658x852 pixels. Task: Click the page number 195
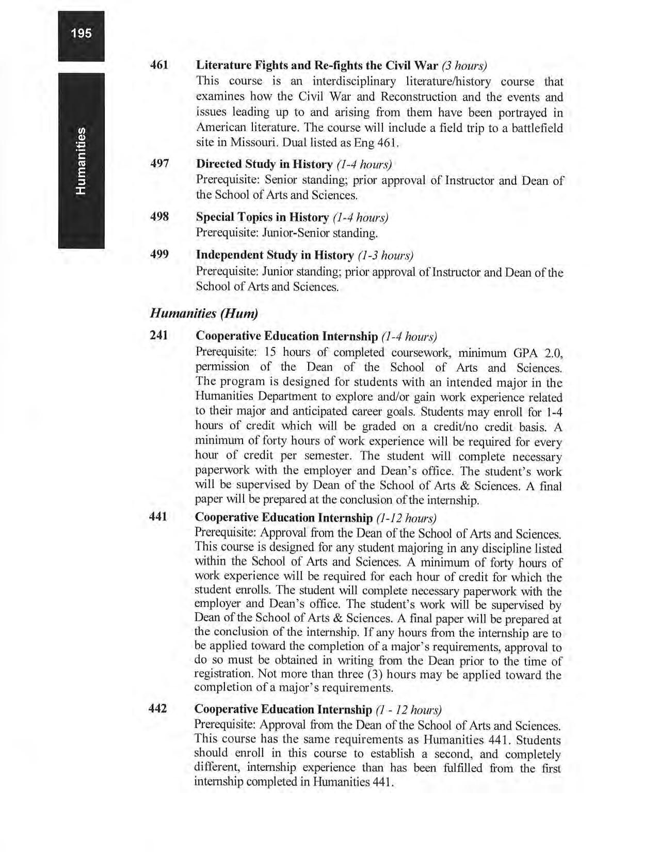click(x=81, y=34)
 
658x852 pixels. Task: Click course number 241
click(x=159, y=335)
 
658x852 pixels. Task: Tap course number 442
click(x=158, y=708)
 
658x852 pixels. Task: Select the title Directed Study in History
click(x=264, y=164)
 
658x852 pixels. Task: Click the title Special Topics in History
click(x=263, y=217)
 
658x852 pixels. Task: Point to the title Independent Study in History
click(x=275, y=255)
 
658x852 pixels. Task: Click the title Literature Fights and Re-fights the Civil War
click(x=317, y=66)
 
